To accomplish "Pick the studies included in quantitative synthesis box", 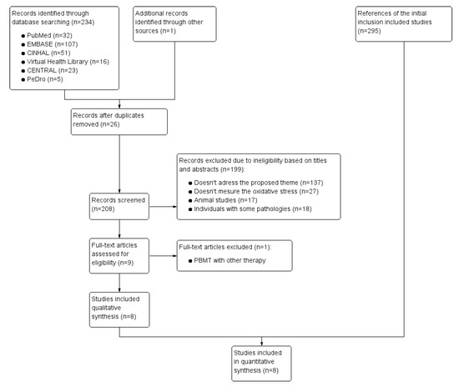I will click(264, 360).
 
